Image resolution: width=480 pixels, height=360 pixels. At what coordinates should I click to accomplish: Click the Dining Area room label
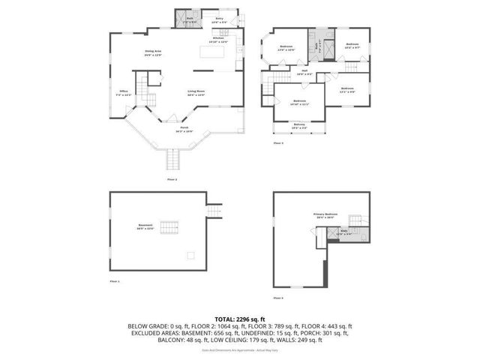coord(154,52)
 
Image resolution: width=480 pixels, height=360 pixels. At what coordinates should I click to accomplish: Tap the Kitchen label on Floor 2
coord(218,40)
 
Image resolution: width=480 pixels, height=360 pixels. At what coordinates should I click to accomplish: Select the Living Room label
coord(196,94)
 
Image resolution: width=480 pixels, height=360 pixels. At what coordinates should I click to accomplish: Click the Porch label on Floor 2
coord(184,128)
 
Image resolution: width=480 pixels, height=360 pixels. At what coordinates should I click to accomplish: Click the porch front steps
coord(175,159)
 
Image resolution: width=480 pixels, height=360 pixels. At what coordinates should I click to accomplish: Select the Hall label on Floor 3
coord(304,73)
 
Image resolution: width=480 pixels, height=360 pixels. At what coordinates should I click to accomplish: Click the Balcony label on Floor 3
coord(299,125)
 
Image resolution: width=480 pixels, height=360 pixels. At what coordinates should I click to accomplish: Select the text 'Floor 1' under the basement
coord(115,280)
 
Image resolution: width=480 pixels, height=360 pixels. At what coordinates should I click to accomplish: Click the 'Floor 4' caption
coord(278,298)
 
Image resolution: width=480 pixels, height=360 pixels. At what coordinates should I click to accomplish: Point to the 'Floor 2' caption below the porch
coord(172,180)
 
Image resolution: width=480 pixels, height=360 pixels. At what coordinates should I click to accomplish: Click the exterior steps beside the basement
coord(216,211)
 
